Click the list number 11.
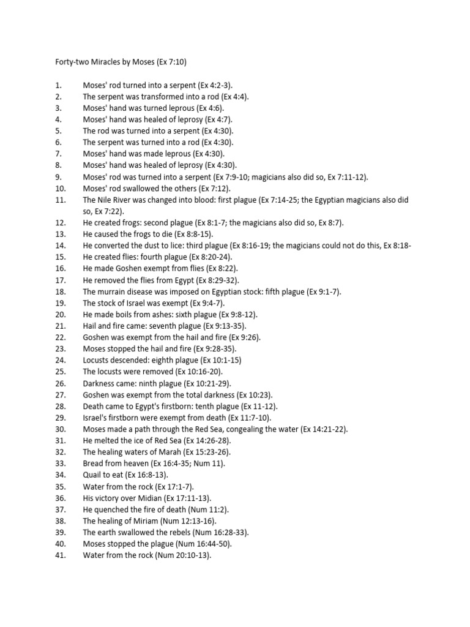[60, 200]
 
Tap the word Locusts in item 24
[97, 360]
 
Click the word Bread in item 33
[94, 464]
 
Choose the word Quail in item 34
[93, 475]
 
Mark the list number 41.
[60, 555]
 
